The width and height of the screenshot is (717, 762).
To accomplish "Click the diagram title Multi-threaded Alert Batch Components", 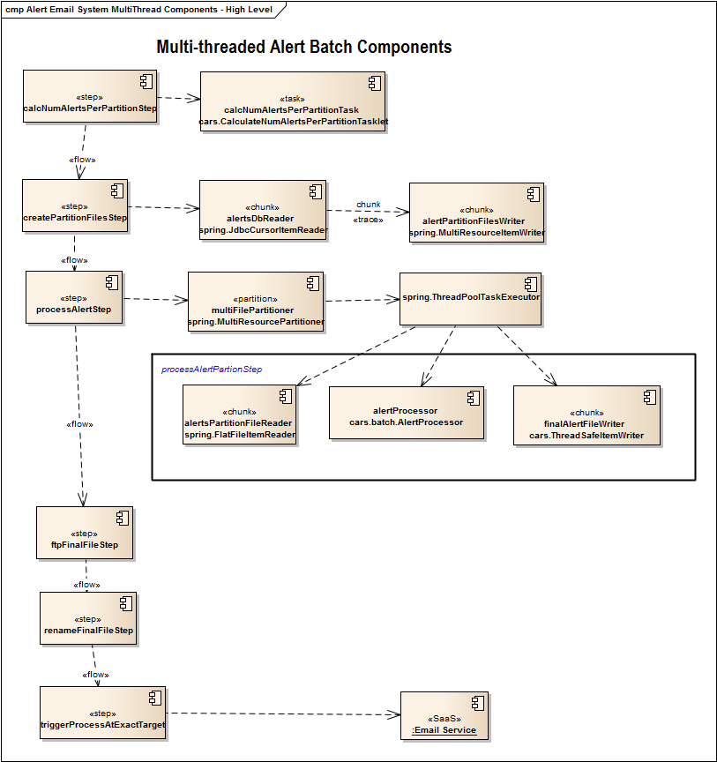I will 303,48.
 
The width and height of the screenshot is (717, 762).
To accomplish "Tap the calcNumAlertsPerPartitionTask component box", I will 293,102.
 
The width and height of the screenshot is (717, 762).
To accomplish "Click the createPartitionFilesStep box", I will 75,206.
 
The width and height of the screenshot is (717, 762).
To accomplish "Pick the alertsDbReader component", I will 263,210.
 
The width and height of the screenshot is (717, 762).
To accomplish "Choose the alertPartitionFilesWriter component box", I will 476,213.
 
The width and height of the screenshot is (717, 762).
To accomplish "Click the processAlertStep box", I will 73,297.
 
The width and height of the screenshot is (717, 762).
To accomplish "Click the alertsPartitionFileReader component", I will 240,415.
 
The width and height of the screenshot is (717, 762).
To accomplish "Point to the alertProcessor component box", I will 406,413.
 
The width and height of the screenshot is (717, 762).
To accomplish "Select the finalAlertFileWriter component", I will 586,417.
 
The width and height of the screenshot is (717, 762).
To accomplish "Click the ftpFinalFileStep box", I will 85,534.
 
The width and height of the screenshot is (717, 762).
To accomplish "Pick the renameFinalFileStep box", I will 88,619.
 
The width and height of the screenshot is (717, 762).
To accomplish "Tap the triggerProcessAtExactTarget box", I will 102,713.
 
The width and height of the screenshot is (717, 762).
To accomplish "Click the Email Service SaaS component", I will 444,716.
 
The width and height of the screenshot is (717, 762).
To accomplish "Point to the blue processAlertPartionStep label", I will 212,369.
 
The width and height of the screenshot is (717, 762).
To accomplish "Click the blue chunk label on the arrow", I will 369,205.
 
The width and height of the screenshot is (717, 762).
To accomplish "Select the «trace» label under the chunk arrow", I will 368,220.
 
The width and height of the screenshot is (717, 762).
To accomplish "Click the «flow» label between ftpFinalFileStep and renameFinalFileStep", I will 86,584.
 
